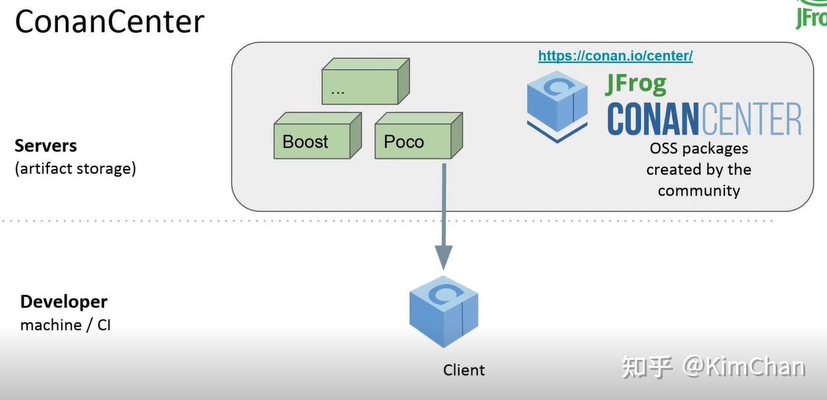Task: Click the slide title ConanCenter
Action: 109,22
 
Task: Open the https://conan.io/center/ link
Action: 615,56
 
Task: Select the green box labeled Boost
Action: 312,141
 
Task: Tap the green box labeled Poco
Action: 413,141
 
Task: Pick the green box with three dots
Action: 360,86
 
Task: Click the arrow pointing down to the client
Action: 444,217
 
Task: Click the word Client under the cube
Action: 464,370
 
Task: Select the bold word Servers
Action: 45,145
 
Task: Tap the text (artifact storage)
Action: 75,168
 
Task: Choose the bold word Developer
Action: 63,302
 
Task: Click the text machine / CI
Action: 65,325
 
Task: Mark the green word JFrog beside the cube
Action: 635,84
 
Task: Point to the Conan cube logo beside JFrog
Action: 557,107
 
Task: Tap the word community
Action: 699,191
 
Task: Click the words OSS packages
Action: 699,149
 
